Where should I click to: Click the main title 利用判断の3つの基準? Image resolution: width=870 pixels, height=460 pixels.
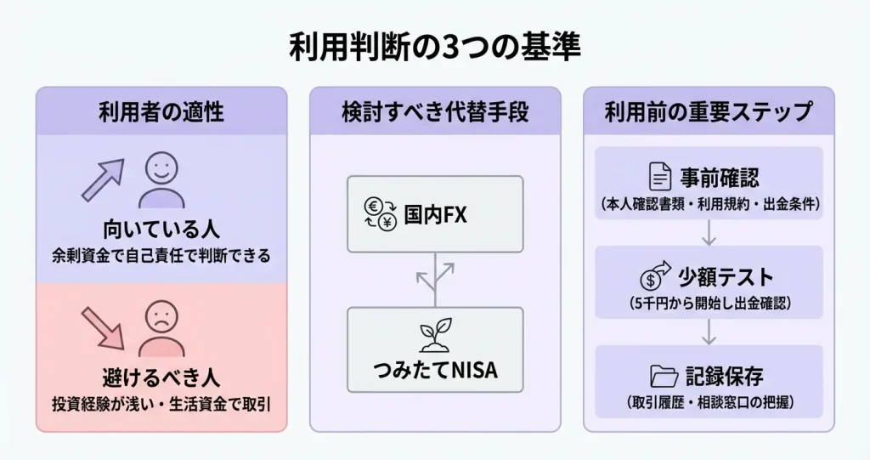click(x=435, y=47)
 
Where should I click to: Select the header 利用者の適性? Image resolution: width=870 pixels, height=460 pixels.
click(x=161, y=111)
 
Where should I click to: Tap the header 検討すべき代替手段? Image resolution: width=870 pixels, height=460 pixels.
click(x=435, y=111)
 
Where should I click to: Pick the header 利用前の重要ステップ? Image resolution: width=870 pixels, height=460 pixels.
click(x=709, y=111)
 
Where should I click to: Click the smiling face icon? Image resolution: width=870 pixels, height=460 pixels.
click(x=161, y=179)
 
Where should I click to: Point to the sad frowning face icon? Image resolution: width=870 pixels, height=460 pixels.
click(x=161, y=327)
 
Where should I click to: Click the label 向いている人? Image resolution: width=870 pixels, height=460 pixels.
click(x=161, y=229)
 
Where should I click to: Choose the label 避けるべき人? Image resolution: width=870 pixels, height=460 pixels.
click(x=161, y=378)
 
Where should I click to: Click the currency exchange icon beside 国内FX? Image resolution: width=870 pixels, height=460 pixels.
click(x=380, y=214)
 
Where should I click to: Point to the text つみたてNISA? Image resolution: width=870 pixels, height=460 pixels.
click(x=435, y=371)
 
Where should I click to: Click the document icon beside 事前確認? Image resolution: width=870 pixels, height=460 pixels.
click(x=659, y=177)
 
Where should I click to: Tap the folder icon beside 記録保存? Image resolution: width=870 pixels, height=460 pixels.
click(x=659, y=375)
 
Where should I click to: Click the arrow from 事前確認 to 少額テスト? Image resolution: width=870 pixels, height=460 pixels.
click(x=709, y=232)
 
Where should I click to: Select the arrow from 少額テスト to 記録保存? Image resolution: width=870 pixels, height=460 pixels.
click(x=709, y=331)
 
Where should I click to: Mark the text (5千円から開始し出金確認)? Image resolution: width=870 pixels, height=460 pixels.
click(x=709, y=302)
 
